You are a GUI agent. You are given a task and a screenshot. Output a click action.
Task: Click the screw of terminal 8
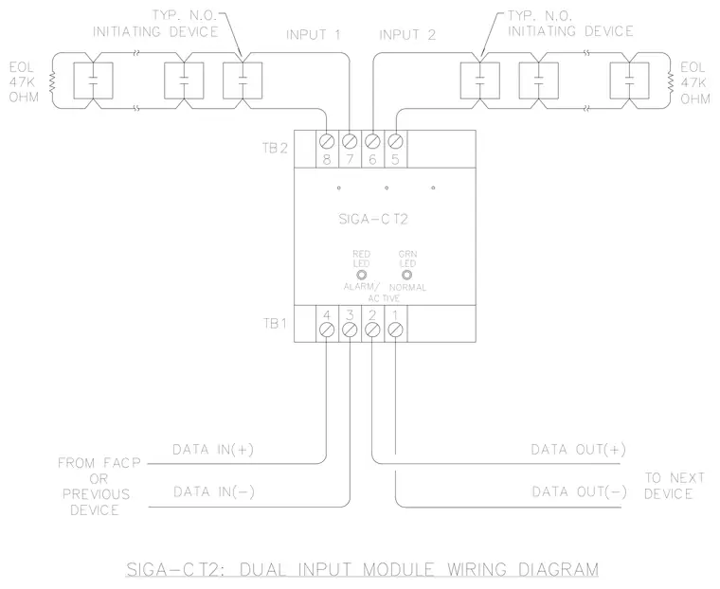(327, 141)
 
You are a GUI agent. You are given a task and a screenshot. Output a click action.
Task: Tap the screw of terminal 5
(395, 141)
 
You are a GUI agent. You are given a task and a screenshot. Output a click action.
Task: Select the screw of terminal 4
(327, 330)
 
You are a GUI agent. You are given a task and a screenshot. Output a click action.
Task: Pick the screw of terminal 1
(395, 330)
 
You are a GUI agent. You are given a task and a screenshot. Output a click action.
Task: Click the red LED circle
(361, 275)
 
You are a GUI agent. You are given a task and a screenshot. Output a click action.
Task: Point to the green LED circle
(406, 275)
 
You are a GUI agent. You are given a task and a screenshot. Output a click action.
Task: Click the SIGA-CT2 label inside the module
(373, 219)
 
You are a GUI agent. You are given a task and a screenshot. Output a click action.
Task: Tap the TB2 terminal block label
(275, 149)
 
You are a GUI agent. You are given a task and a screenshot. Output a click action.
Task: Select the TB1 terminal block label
(275, 324)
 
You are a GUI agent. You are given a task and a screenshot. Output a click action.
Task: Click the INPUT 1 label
(314, 35)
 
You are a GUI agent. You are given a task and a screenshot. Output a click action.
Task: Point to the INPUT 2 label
(407, 35)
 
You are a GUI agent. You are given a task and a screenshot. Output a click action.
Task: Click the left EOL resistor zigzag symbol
(52, 81)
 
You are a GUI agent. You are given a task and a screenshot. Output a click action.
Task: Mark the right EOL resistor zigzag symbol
(671, 81)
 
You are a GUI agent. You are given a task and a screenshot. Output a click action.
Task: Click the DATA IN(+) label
(213, 450)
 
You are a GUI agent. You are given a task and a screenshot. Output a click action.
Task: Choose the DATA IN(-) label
(214, 492)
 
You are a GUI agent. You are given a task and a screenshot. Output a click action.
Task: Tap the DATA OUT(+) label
(579, 450)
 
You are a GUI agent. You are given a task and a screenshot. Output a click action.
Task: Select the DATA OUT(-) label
(580, 492)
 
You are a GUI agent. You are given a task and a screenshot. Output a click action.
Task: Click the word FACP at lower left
(121, 463)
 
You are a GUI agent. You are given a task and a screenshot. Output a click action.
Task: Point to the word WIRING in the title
(477, 569)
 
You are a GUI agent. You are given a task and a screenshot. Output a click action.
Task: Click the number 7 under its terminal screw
(350, 159)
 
